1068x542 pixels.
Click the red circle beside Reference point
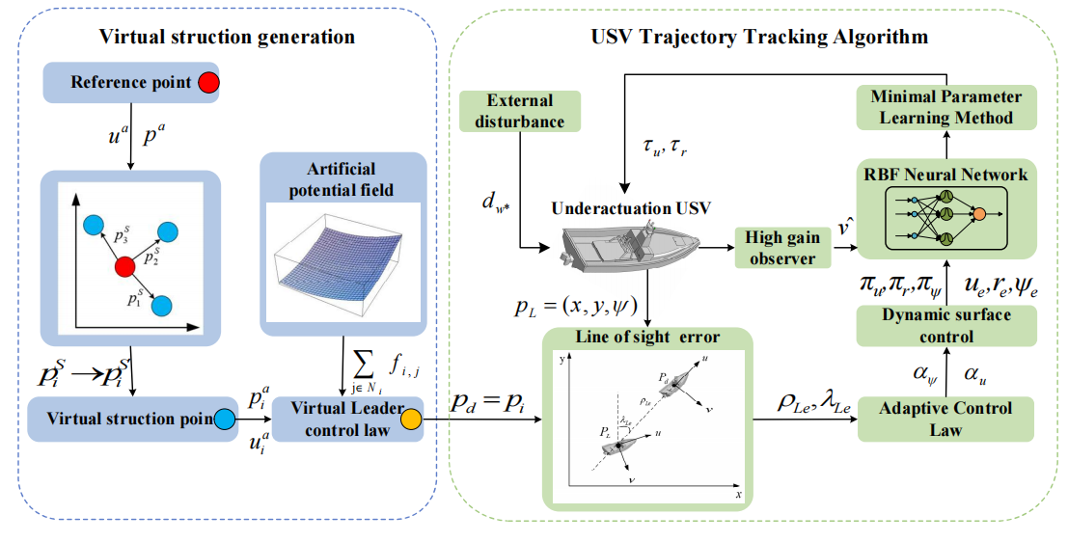tap(207, 83)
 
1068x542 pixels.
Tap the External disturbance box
tap(520, 111)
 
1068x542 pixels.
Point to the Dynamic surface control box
tap(946, 326)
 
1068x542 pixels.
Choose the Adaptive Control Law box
tap(945, 419)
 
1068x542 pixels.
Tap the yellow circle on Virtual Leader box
tap(410, 420)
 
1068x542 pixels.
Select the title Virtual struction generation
tap(227, 38)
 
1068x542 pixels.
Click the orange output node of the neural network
tap(979, 212)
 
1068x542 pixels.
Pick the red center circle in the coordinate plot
tap(123, 265)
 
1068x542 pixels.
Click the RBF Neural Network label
tap(945, 175)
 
